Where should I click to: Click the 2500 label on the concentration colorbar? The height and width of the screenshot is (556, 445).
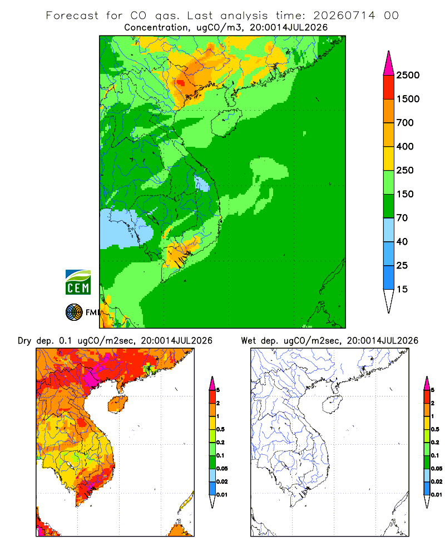[408, 75]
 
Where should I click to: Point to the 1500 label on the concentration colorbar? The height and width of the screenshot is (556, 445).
[408, 99]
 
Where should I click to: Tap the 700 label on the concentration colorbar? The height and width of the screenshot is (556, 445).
[405, 123]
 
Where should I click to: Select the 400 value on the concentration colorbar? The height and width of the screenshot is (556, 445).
[405, 146]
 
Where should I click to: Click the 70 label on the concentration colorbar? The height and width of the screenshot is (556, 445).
[402, 218]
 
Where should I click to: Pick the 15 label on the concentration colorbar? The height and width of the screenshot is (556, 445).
[402, 289]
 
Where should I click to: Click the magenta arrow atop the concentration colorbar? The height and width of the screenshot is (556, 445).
[389, 63]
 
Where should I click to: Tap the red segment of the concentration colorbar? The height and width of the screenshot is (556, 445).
[389, 87]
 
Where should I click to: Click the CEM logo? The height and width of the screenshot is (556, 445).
[78, 282]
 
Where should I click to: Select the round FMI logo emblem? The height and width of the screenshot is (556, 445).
[74, 312]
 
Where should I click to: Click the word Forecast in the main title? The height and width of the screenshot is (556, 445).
[72, 16]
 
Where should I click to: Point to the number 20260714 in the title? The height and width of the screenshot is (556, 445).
[344, 16]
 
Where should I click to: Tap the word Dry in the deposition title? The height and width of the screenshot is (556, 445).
[24, 341]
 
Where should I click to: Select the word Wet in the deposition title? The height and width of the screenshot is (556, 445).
[248, 341]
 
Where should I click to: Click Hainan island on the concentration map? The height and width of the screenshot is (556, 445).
[226, 122]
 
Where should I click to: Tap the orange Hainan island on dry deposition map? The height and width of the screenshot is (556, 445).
[117, 404]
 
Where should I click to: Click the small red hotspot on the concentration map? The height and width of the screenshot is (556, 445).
[181, 83]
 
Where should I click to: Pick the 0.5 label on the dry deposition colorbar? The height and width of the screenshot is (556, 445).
[220, 429]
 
